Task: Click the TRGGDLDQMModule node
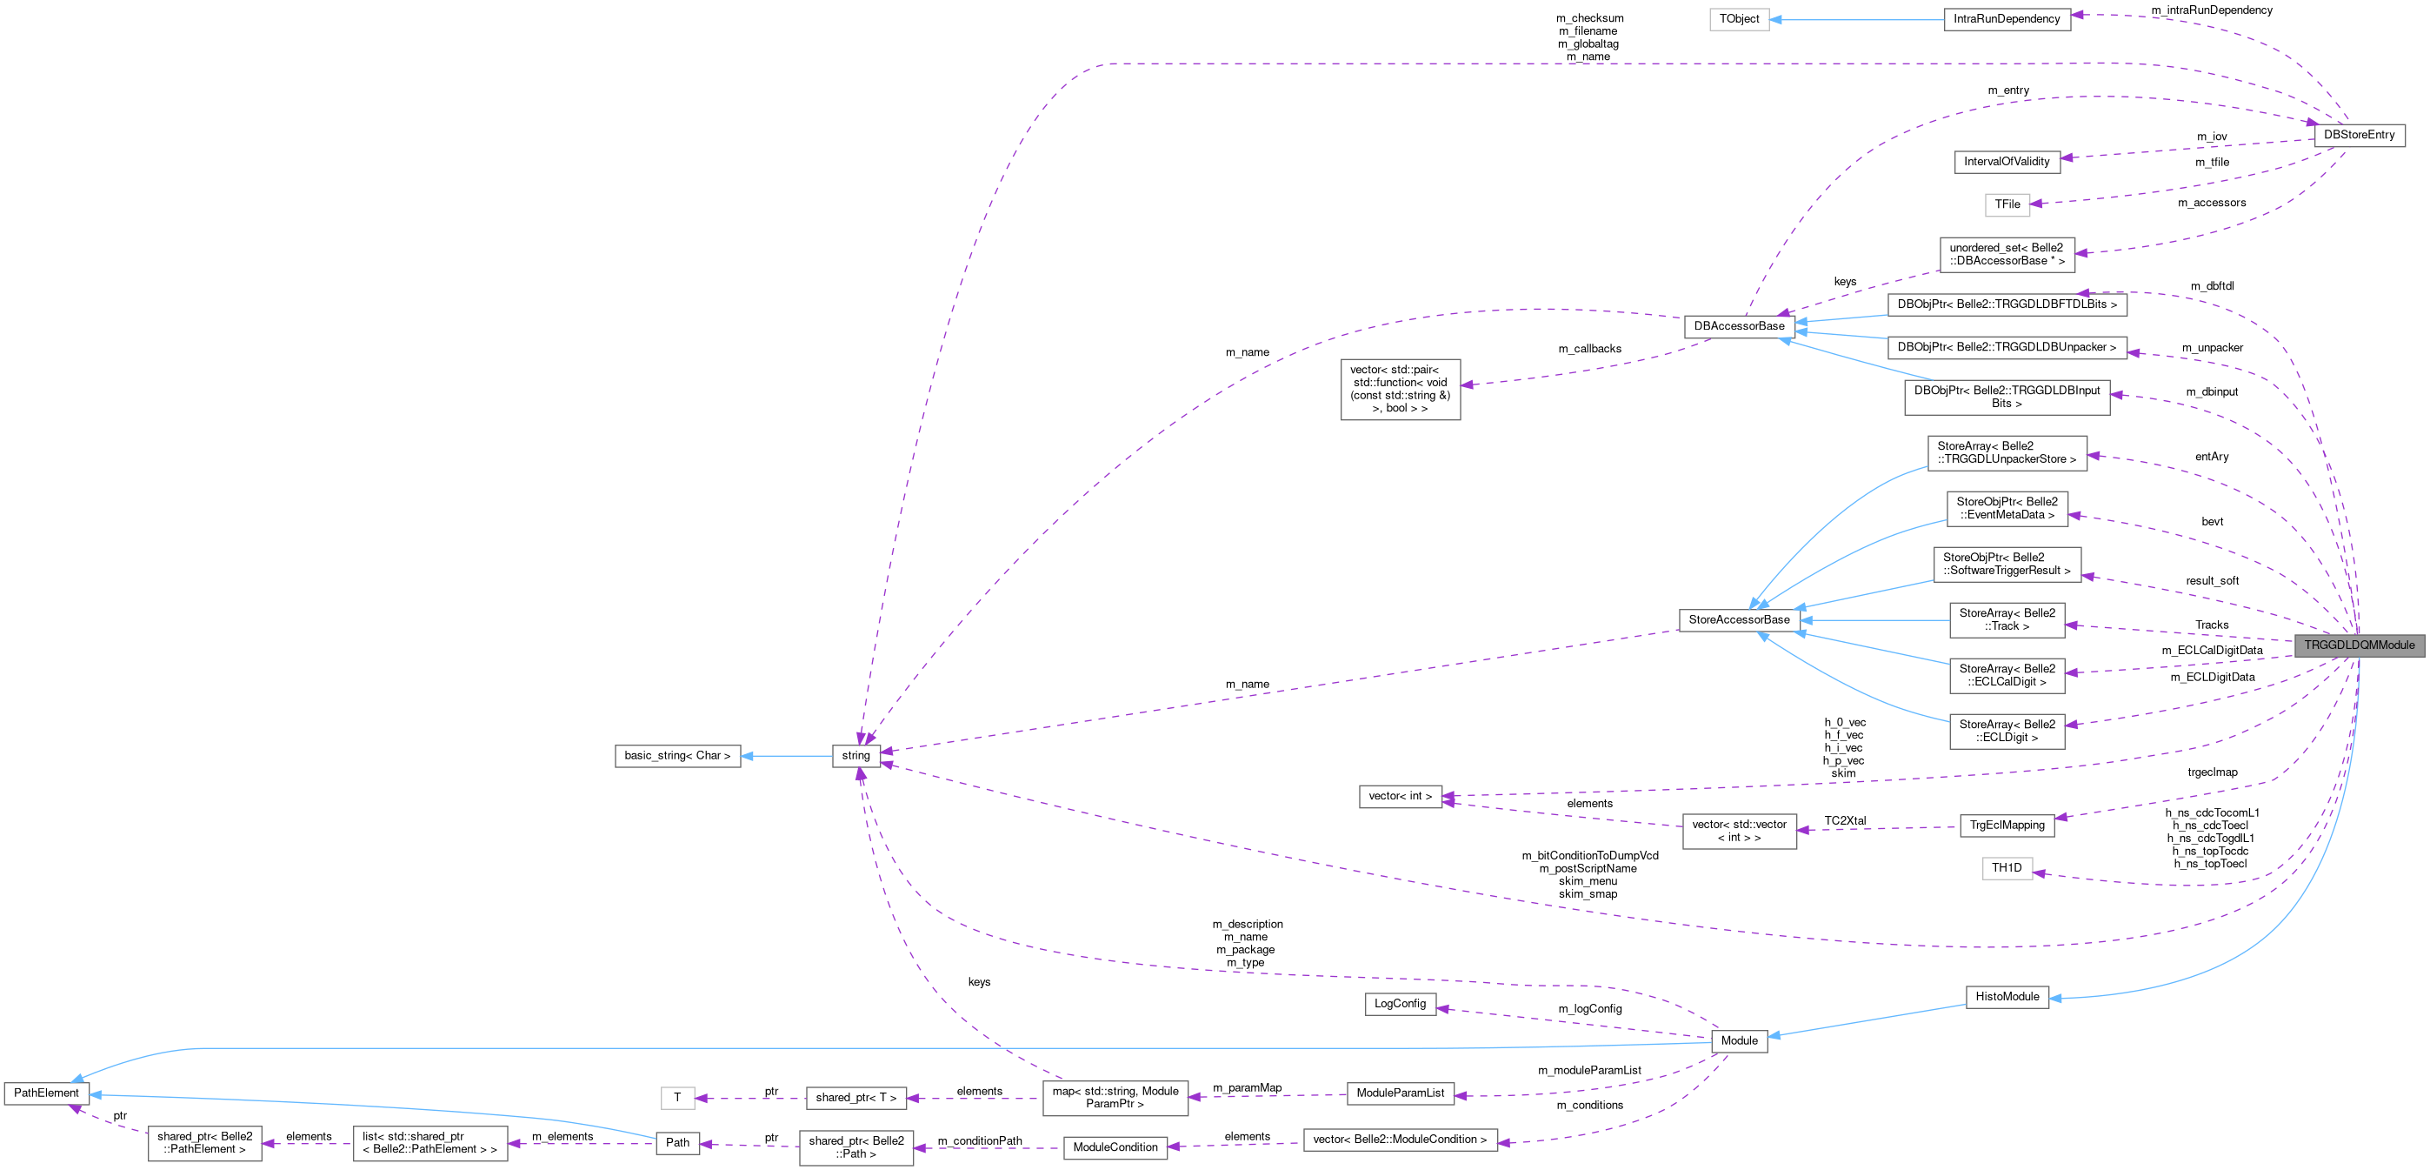click(x=2359, y=645)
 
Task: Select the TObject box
click(x=1739, y=19)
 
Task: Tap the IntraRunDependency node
click(x=2007, y=19)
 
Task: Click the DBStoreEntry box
click(x=2359, y=135)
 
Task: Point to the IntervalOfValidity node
click(x=2007, y=161)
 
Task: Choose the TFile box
click(x=2007, y=204)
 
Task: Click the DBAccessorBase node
click(x=1739, y=326)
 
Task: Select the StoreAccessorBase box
click(x=1739, y=620)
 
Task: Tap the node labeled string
click(x=855, y=756)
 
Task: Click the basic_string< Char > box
click(x=677, y=756)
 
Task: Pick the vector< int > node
click(x=1400, y=796)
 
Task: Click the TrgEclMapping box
click(x=2007, y=825)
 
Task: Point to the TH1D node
click(x=2007, y=868)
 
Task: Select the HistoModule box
click(x=2007, y=996)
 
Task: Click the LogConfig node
click(x=1400, y=1004)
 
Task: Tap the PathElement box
click(x=46, y=1093)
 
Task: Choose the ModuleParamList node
click(x=1400, y=1093)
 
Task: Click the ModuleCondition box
click(x=1115, y=1147)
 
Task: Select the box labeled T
click(x=677, y=1097)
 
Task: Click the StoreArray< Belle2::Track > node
click(x=2007, y=620)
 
